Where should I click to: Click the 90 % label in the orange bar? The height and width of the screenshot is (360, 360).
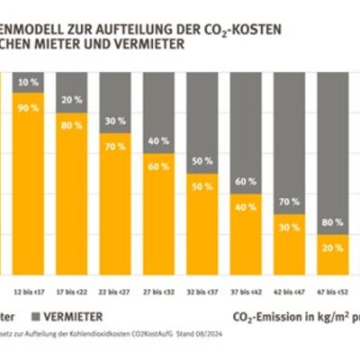pyautogui.click(x=28, y=107)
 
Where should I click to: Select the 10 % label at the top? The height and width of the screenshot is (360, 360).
pyautogui.click(x=28, y=82)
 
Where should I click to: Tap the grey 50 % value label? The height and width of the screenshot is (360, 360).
pyautogui.click(x=202, y=161)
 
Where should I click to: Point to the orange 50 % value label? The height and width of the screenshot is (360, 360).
pyautogui.click(x=202, y=188)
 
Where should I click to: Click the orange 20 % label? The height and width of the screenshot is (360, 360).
pyautogui.click(x=333, y=247)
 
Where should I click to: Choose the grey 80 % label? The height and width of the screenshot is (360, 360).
pyautogui.click(x=333, y=220)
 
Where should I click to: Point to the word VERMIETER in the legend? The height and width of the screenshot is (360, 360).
pyautogui.click(x=71, y=317)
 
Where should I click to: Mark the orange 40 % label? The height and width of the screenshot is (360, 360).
pyautogui.click(x=246, y=207)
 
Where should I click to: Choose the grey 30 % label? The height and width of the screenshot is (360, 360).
pyautogui.click(x=115, y=121)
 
